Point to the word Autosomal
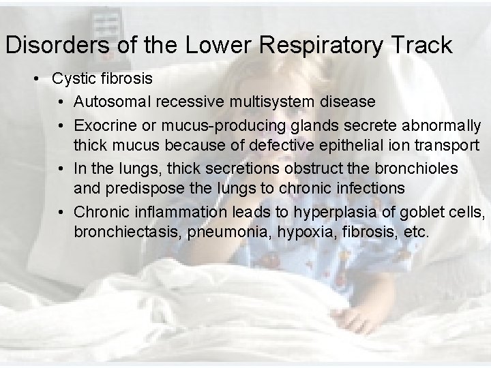(112, 102)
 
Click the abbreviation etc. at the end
(417, 232)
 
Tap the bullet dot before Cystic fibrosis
(38, 78)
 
